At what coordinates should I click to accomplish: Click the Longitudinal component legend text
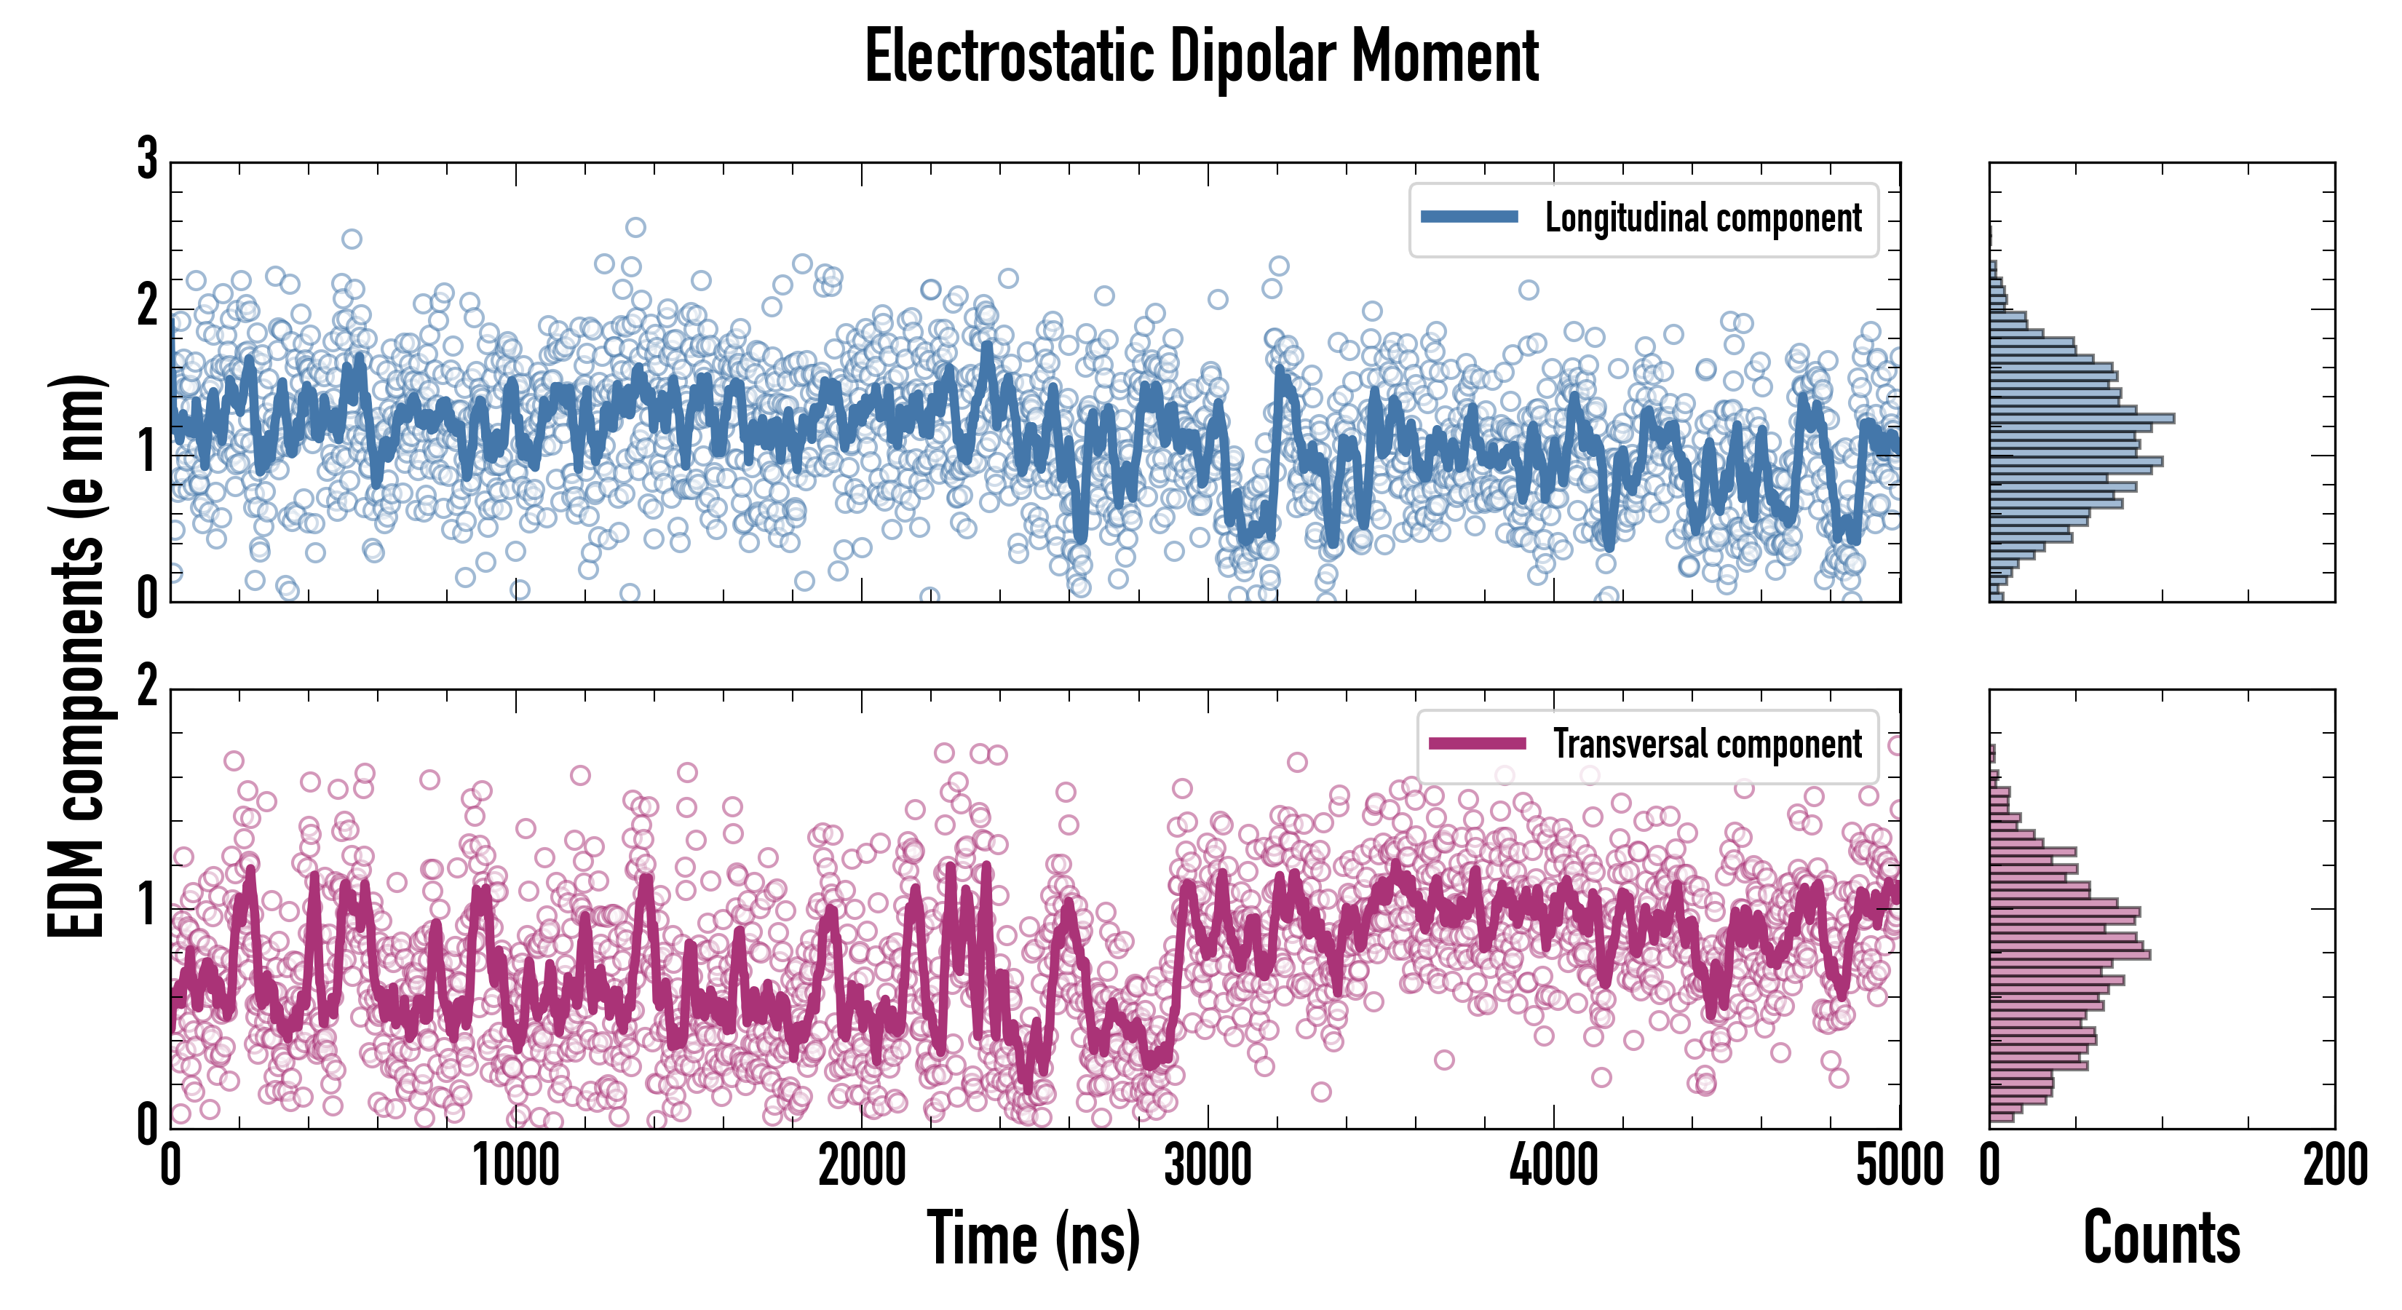pos(1703,218)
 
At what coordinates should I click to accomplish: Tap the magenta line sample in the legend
pos(1477,743)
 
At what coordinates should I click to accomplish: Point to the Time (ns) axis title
pos(1033,1237)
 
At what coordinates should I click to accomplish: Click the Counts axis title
pos(2161,1237)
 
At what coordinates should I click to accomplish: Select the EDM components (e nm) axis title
pos(76,656)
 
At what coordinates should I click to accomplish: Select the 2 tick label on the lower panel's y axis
pos(147,687)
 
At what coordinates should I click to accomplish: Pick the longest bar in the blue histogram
pos(2081,418)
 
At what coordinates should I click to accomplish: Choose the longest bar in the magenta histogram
pos(2069,954)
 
